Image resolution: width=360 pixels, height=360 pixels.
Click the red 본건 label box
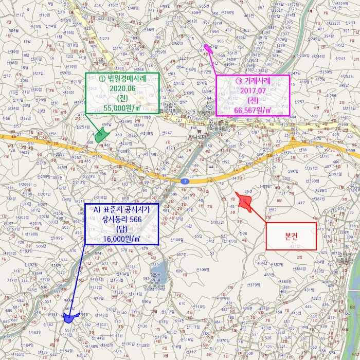[x=291, y=236]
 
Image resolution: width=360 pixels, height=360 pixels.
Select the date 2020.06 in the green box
[x=122, y=88]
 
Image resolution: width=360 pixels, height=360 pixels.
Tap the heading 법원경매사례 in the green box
[x=122, y=78]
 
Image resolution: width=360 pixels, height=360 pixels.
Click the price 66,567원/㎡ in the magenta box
[x=253, y=110]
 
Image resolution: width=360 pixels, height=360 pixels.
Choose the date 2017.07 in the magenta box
[x=253, y=91]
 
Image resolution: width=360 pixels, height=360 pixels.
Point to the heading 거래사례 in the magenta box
[x=253, y=81]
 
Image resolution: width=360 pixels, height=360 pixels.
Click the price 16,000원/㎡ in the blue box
[x=121, y=239]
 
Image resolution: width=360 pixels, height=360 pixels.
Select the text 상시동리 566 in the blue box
[x=122, y=219]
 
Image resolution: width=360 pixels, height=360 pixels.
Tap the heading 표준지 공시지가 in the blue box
[x=122, y=209]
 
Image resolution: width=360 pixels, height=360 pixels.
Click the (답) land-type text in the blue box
[x=122, y=229]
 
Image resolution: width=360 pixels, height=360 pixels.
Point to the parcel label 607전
[x=181, y=255]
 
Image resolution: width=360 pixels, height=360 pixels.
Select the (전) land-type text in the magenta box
[x=253, y=100]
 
